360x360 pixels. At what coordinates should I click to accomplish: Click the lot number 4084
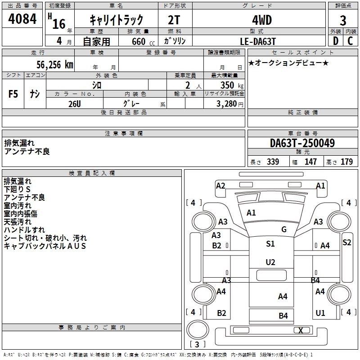click(22, 20)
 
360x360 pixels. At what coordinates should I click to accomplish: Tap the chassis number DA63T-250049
click(302, 144)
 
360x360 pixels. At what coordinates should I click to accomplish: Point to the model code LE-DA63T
click(258, 41)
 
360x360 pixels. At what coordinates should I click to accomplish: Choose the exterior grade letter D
click(335, 41)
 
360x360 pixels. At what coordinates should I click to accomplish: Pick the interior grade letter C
click(350, 41)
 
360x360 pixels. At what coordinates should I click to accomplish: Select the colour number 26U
click(74, 103)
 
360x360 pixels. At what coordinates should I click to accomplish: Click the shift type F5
click(13, 94)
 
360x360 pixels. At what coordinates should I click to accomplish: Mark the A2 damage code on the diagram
click(220, 185)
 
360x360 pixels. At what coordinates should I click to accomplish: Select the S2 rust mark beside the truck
click(346, 242)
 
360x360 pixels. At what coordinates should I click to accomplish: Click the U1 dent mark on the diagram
click(320, 313)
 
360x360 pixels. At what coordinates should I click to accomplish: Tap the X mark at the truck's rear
click(301, 331)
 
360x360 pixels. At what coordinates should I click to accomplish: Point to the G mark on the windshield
click(284, 229)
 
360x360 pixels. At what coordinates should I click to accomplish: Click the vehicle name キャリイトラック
click(117, 20)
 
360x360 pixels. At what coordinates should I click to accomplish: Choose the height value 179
click(346, 162)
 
